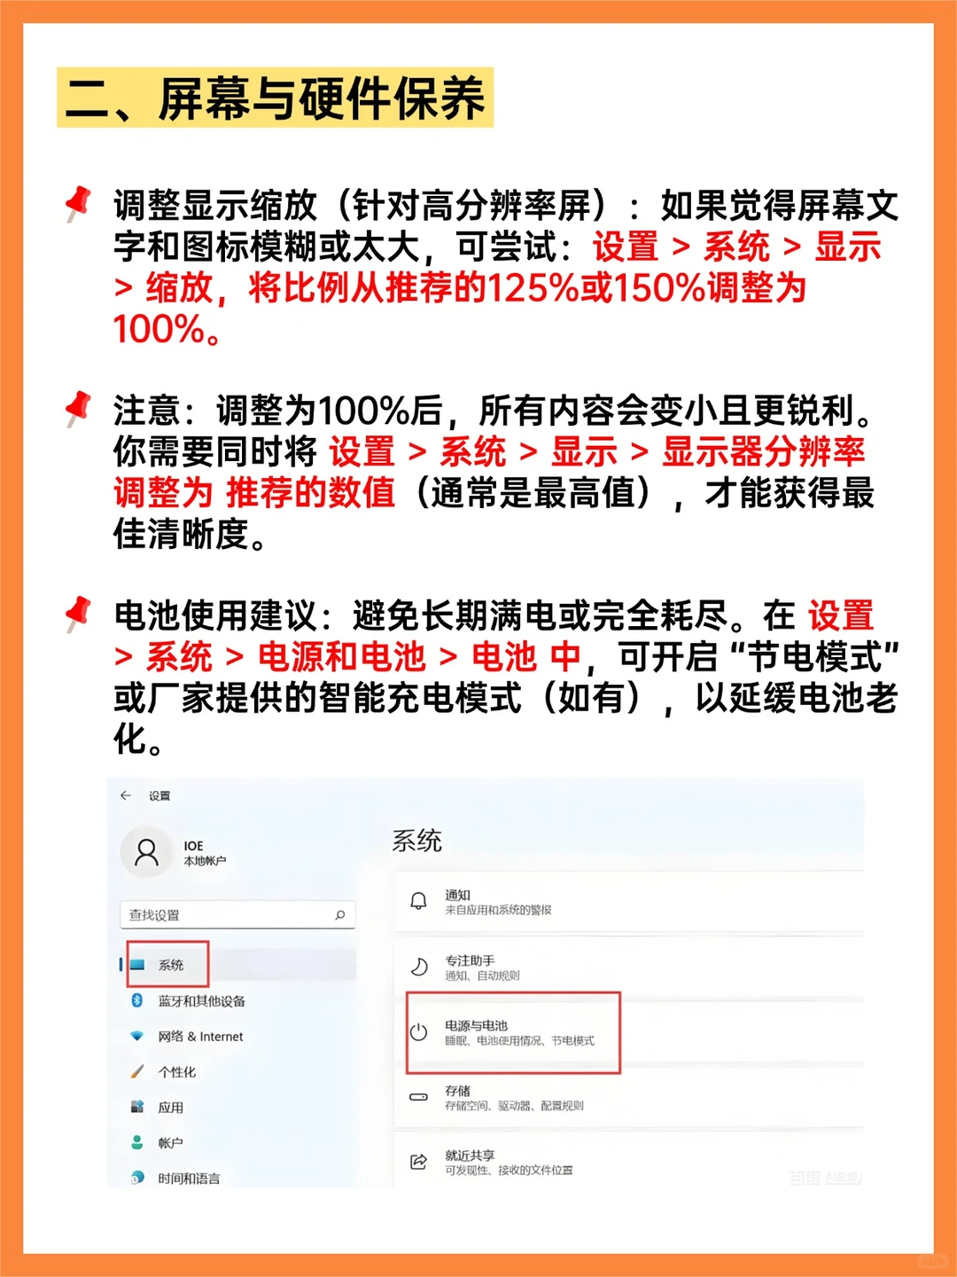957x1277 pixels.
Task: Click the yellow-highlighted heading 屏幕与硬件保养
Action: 275,98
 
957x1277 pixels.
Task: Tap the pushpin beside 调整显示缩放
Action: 79,203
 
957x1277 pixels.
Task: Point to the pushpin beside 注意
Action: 79,408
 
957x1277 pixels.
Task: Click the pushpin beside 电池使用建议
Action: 79,613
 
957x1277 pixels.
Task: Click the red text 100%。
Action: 167,330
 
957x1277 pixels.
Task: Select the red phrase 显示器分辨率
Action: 763,451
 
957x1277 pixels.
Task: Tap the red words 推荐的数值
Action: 310,492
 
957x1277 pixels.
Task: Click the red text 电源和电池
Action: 342,657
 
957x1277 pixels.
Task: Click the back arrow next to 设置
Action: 126,795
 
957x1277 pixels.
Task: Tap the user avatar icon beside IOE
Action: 146,852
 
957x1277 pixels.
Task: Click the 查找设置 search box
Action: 237,914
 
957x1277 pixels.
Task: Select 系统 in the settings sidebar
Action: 171,965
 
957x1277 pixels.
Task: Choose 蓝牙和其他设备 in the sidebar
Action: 201,1001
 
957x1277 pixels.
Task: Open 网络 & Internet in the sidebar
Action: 200,1037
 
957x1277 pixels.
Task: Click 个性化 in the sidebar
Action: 176,1072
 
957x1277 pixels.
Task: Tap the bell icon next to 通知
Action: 418,901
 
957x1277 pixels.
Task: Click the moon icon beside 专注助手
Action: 418,967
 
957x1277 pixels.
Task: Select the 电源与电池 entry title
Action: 476,1025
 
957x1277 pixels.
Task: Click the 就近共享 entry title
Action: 470,1156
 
